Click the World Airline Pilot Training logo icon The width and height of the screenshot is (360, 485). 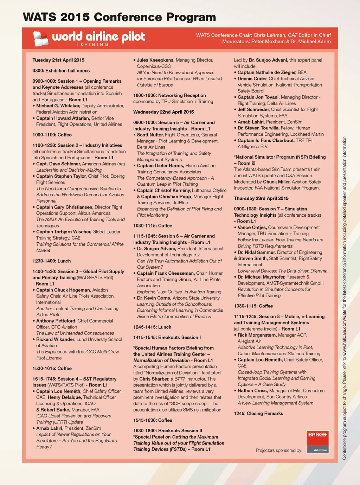point(40,39)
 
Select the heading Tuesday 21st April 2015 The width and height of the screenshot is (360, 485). point(58,60)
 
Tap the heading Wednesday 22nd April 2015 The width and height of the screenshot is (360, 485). point(163,112)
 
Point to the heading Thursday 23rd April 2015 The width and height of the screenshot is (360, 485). point(261,198)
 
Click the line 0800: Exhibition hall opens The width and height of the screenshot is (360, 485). point(61,71)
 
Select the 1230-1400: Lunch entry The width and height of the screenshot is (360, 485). point(52,261)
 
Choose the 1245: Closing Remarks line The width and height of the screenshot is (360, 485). point(258,414)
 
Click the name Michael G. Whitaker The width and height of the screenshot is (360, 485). point(58,106)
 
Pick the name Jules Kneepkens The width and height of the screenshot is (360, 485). point(155,60)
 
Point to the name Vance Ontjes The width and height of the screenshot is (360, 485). point(252,228)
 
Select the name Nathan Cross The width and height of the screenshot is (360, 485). point(252,391)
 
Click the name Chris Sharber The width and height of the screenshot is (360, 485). point(154,379)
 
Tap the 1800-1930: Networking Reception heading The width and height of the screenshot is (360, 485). point(169,95)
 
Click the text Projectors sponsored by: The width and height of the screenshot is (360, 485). point(279,450)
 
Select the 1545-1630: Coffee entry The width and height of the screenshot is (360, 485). point(153,420)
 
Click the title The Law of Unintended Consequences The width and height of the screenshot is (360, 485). point(75,333)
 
